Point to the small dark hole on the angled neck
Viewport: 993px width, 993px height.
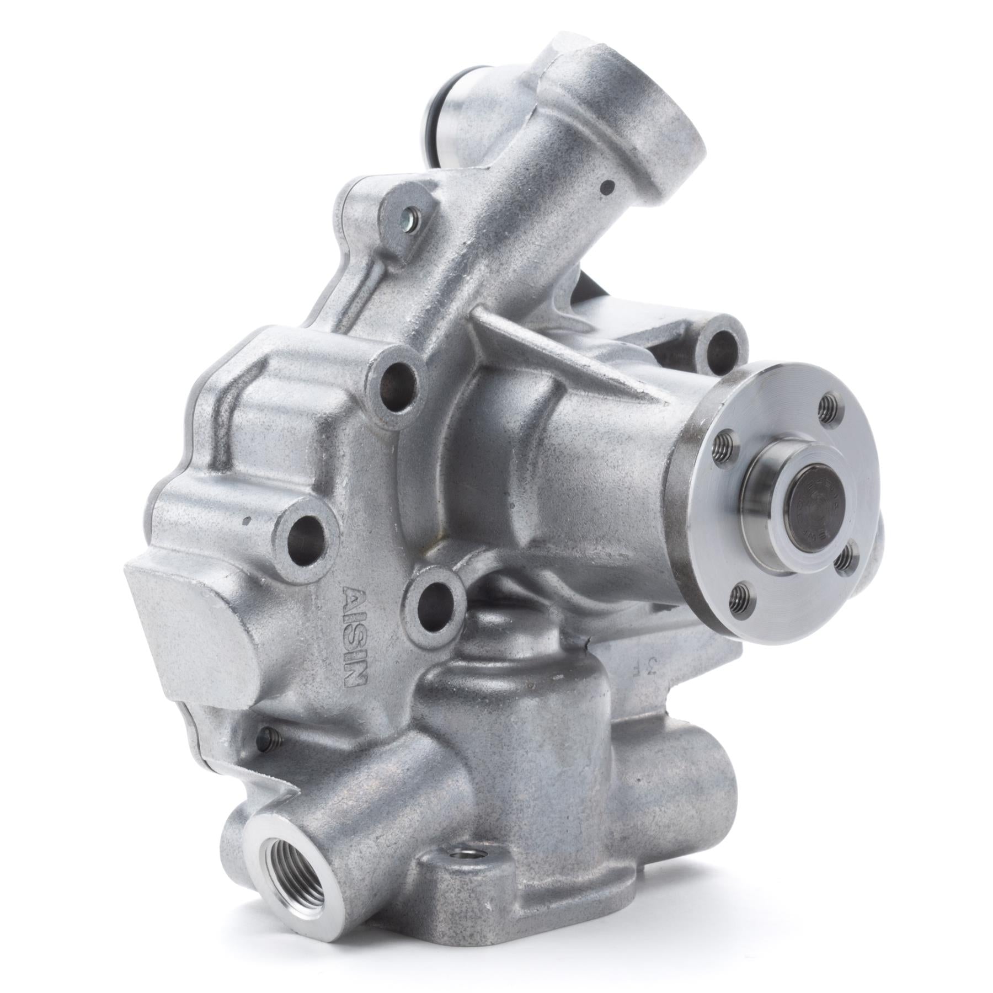[608, 187]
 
